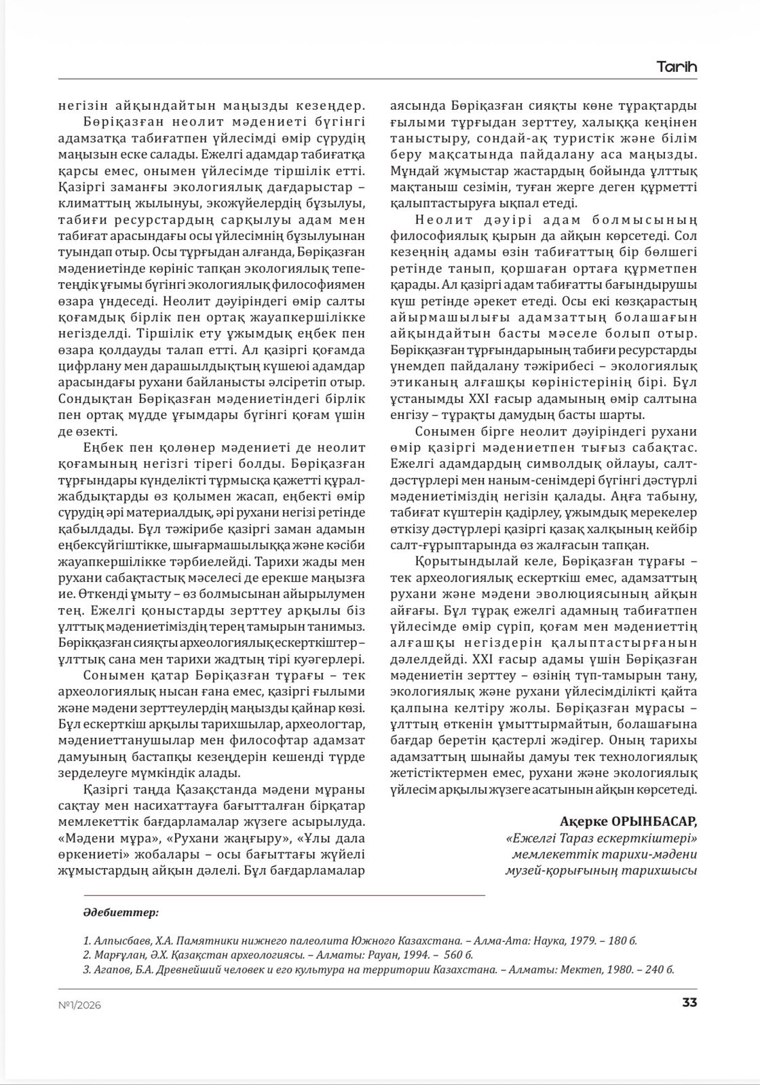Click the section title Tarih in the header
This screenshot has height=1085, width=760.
[677, 67]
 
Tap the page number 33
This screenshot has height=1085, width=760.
[689, 1003]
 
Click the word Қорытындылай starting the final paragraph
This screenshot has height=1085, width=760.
[459, 561]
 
